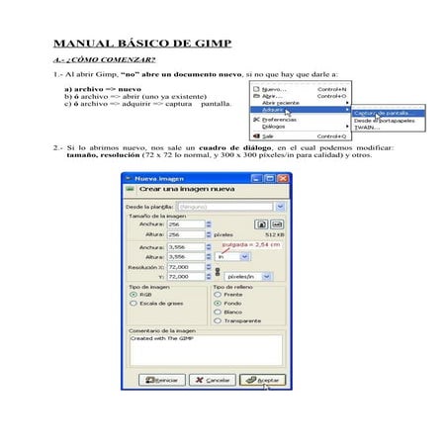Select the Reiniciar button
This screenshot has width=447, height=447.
(159, 379)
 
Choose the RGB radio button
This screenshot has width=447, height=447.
(134, 294)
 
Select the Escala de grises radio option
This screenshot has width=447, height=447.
(134, 303)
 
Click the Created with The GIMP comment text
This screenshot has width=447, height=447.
(163, 338)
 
